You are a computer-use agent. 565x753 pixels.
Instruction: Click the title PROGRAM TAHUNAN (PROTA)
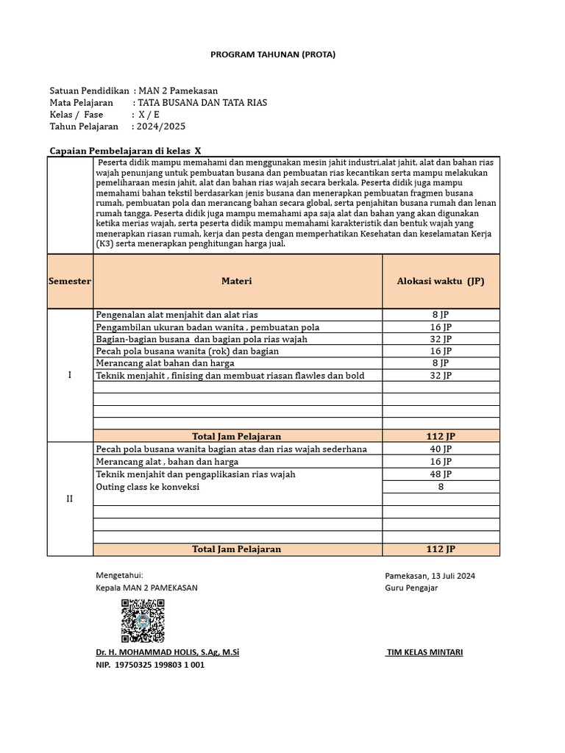pyautogui.click(x=273, y=54)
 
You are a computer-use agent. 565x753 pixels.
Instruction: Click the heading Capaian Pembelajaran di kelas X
pyautogui.click(x=124, y=149)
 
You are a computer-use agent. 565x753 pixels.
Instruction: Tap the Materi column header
pyautogui.click(x=237, y=281)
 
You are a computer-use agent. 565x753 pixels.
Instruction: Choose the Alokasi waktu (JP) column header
pyautogui.click(x=441, y=281)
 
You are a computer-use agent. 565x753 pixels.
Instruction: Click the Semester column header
pyautogui.click(x=70, y=281)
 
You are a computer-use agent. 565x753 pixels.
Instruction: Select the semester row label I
pyautogui.click(x=70, y=375)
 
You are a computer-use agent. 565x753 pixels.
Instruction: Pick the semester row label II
pyautogui.click(x=70, y=499)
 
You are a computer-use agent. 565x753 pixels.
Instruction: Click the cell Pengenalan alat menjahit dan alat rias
pyautogui.click(x=177, y=315)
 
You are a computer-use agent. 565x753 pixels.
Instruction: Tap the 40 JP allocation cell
pyautogui.click(x=441, y=449)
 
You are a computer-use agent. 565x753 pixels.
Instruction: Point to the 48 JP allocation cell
pyautogui.click(x=441, y=474)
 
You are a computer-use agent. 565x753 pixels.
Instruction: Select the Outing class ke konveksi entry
pyautogui.click(x=148, y=487)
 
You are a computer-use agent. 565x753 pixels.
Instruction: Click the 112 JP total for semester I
pyautogui.click(x=441, y=436)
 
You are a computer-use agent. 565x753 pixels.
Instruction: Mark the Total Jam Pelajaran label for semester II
pyautogui.click(x=236, y=549)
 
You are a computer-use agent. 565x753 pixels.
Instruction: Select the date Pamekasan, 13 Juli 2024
pyautogui.click(x=430, y=576)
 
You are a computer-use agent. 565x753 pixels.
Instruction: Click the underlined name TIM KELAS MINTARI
pyautogui.click(x=424, y=652)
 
